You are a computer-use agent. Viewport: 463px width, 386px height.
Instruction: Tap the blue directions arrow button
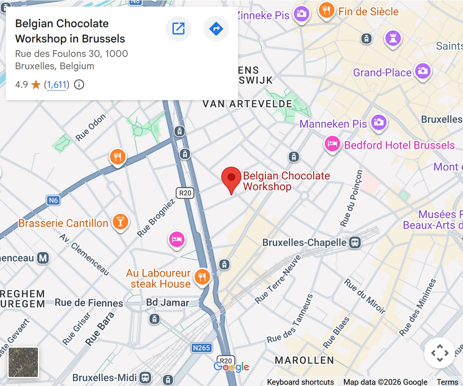[x=216, y=29]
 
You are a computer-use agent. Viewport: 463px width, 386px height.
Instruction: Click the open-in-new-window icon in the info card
[x=178, y=29]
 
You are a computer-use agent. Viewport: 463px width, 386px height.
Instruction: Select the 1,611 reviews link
[x=57, y=85]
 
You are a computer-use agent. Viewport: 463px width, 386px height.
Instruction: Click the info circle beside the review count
[x=79, y=85]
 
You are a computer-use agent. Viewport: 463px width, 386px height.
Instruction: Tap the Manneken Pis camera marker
[x=379, y=122]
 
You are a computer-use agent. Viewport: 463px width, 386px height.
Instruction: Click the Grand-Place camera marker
[x=422, y=71]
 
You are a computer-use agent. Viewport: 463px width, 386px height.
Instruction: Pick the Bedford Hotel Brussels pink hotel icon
[x=332, y=144]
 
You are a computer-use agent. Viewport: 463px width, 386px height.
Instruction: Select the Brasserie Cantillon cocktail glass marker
[x=120, y=222]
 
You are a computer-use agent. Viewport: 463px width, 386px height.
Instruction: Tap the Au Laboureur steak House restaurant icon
[x=202, y=276]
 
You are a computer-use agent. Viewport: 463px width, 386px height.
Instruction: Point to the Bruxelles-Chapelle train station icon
[x=355, y=243]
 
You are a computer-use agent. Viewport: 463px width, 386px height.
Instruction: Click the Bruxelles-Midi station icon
[x=145, y=377]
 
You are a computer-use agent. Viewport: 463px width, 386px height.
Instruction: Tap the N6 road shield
[x=53, y=201]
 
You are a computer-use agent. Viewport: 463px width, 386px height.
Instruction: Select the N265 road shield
[x=201, y=348]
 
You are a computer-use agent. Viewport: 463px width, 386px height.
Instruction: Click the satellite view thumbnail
[x=23, y=362]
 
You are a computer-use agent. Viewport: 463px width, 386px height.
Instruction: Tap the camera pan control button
[x=440, y=353]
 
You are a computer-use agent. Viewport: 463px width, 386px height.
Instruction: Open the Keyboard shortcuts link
[x=300, y=382]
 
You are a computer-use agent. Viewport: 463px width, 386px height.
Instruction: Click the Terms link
[x=447, y=382]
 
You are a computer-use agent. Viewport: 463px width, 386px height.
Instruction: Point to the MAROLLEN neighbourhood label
[x=304, y=360]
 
